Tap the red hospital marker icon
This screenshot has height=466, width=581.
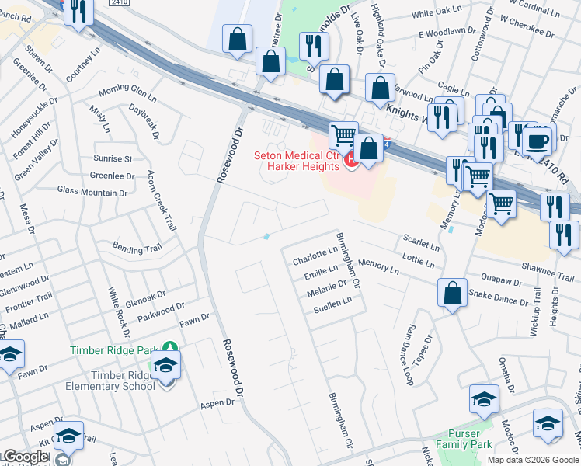[350, 160]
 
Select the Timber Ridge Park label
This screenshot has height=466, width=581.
[114, 350]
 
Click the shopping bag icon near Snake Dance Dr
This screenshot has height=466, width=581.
[452, 294]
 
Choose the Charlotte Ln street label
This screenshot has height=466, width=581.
[315, 256]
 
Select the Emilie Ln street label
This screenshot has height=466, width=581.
[321, 272]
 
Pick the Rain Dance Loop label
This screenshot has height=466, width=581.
[408, 354]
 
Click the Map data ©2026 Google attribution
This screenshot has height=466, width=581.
[534, 460]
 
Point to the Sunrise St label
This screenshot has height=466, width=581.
[113, 158]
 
